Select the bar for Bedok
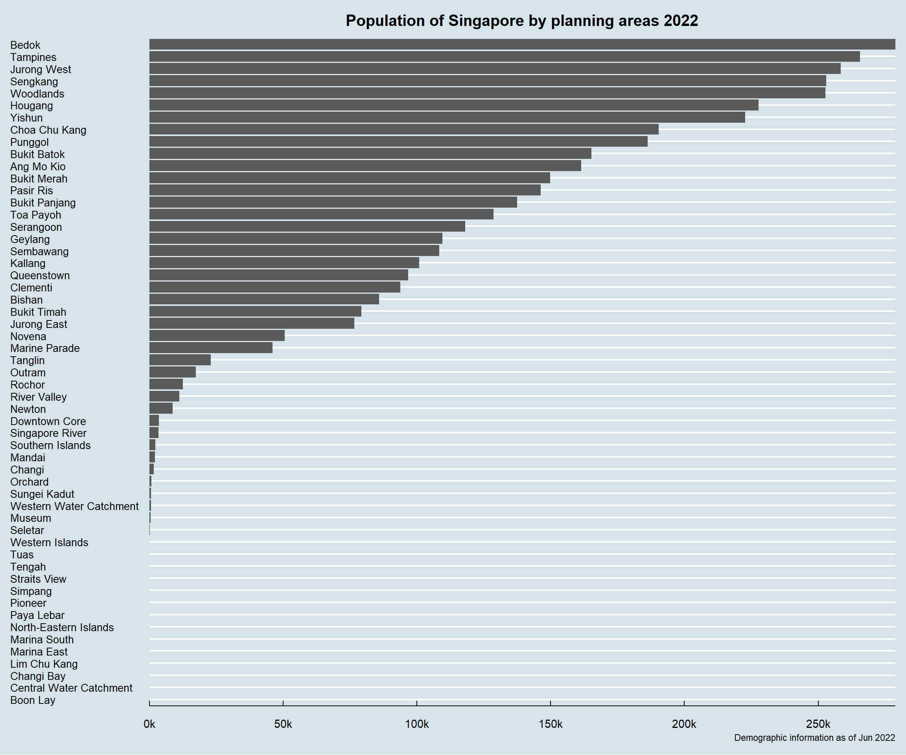click(522, 44)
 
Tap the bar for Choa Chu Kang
click(404, 129)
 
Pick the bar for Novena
click(217, 336)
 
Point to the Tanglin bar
click(180, 360)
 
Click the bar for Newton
click(161, 409)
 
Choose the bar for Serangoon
click(307, 226)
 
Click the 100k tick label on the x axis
click(417, 724)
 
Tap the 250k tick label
click(818, 724)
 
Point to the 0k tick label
click(149, 724)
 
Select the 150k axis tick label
click(551, 724)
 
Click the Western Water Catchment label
click(75, 506)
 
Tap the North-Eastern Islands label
click(62, 627)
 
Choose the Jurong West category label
click(41, 70)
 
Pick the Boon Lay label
click(33, 700)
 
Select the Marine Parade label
click(45, 348)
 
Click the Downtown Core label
click(48, 421)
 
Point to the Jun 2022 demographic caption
click(814, 738)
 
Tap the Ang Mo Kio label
click(38, 166)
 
